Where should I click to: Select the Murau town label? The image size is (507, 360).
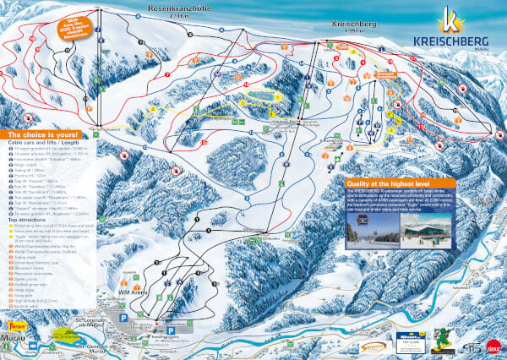point(14,334)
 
